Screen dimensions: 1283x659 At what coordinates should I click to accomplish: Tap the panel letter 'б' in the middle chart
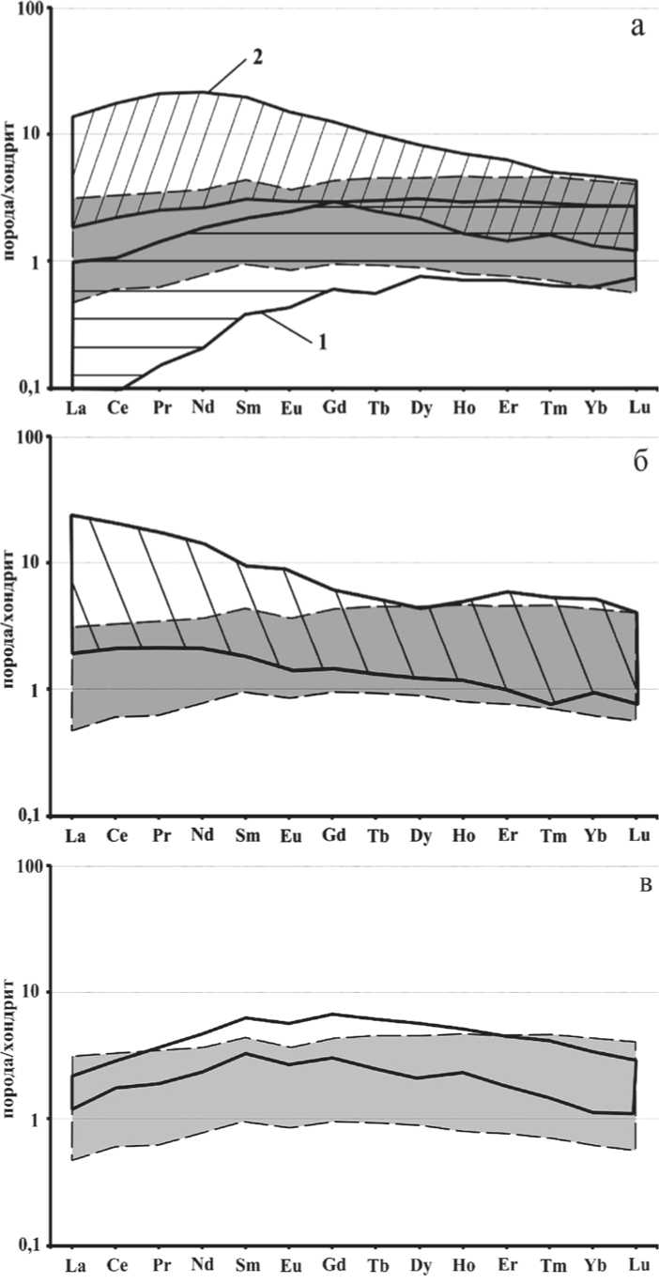coord(639,463)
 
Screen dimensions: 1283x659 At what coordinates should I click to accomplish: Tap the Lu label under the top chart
coord(637,409)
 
